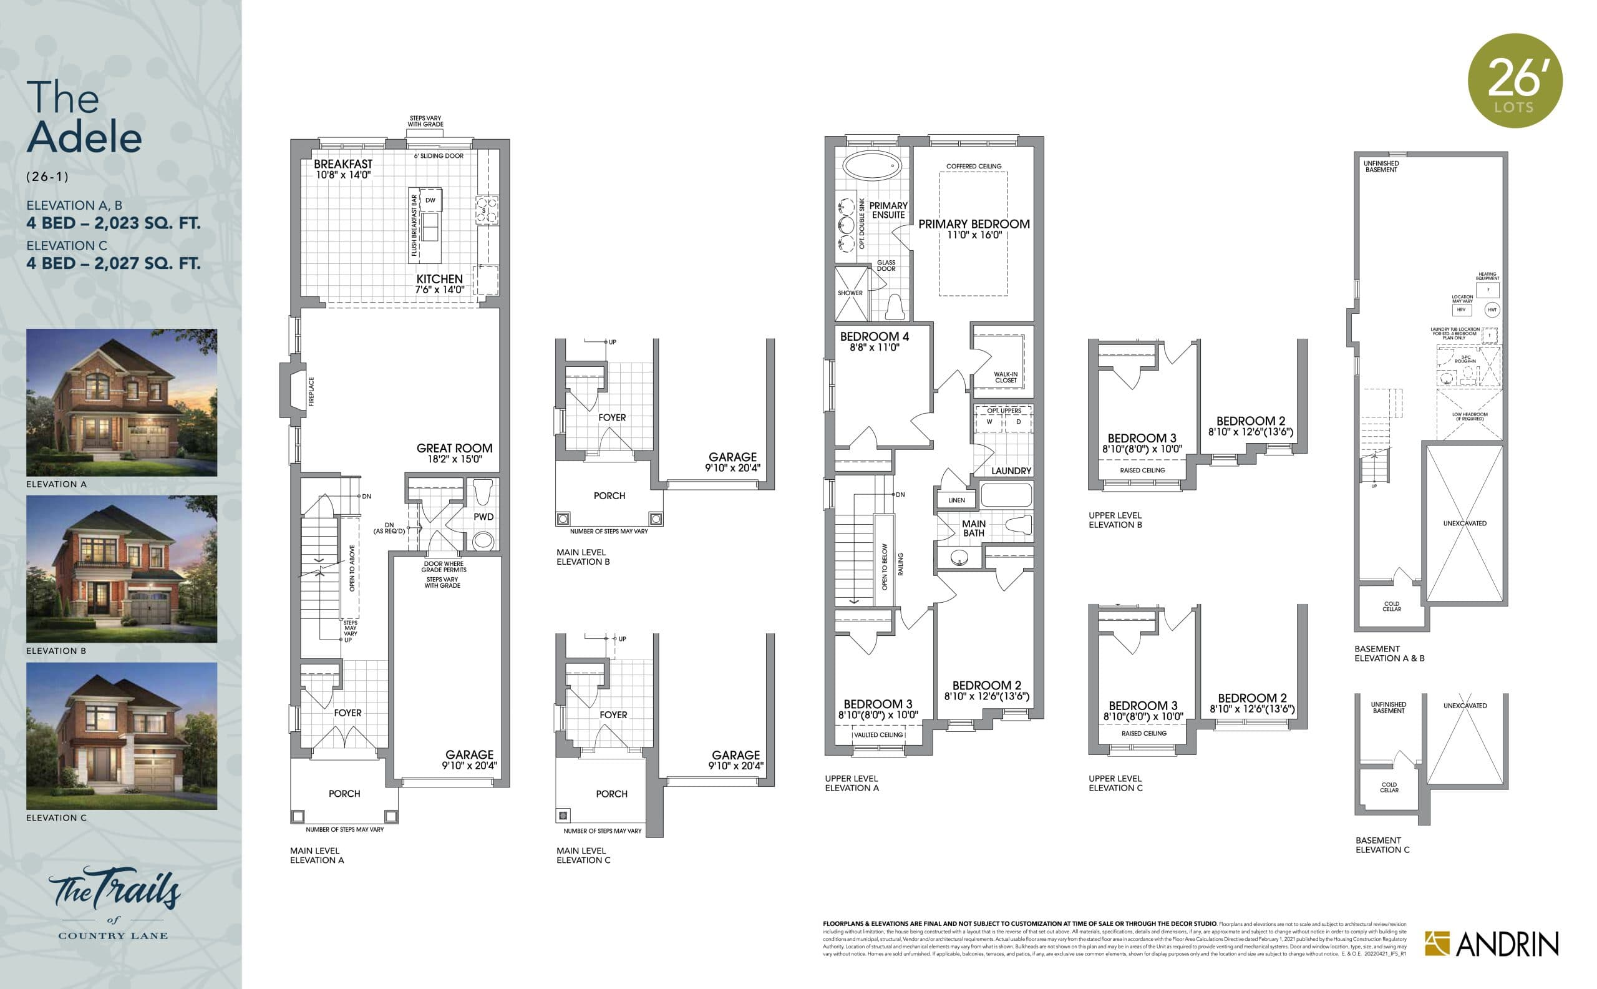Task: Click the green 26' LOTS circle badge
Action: (1515, 80)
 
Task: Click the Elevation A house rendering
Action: (122, 402)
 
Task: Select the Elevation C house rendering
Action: (122, 736)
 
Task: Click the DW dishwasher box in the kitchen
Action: (430, 200)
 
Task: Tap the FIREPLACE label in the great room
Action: (311, 391)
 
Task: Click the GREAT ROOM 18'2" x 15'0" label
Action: (455, 453)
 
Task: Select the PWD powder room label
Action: (483, 517)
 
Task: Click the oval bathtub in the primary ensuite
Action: (871, 165)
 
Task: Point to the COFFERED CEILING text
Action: (973, 166)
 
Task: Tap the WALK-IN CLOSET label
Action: (1005, 378)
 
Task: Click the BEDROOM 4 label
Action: (875, 341)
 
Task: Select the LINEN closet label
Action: (956, 500)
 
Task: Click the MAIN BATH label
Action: (973, 528)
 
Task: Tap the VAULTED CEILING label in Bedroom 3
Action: (878, 734)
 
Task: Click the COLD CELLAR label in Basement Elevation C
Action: (1389, 787)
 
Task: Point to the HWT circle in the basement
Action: (1492, 310)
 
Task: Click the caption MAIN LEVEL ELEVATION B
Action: (582, 557)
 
